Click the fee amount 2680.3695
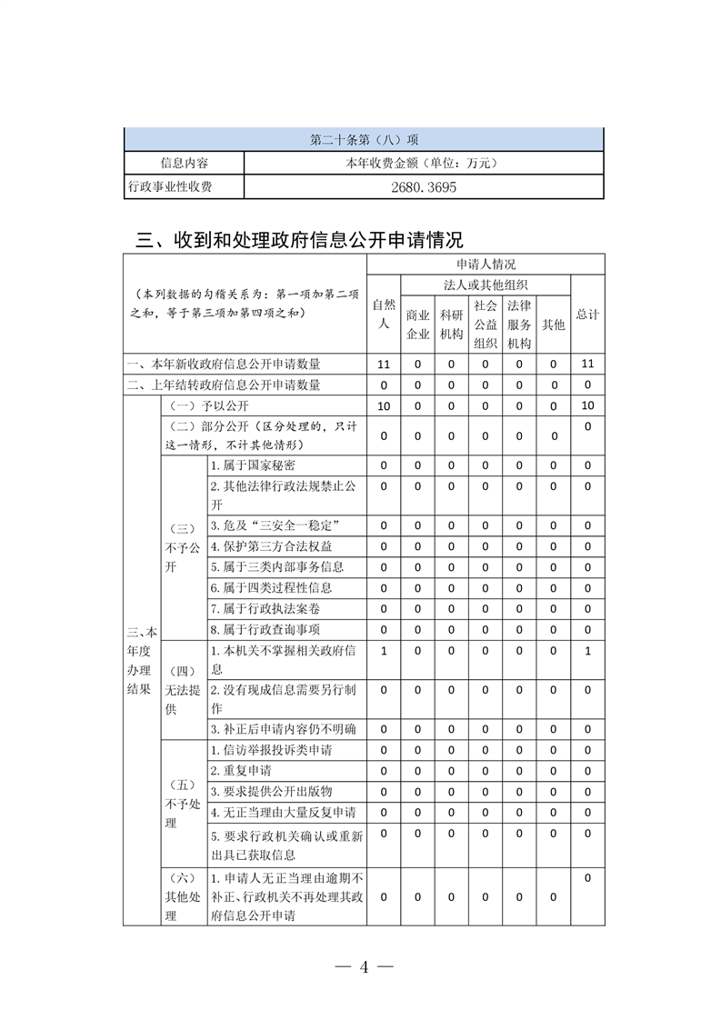click(423, 187)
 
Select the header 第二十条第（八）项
click(364, 140)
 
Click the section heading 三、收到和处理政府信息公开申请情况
click(299, 240)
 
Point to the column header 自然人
click(384, 314)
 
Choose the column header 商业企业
click(418, 324)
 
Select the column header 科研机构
click(452, 324)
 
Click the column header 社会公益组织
click(486, 324)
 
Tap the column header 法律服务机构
click(519, 324)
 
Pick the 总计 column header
click(587, 314)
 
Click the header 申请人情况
click(486, 265)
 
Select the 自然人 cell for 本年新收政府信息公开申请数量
click(384, 364)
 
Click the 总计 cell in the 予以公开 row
click(587, 405)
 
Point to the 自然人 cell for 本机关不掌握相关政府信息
click(384, 651)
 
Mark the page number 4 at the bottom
click(363, 966)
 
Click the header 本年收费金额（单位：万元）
click(423, 164)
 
